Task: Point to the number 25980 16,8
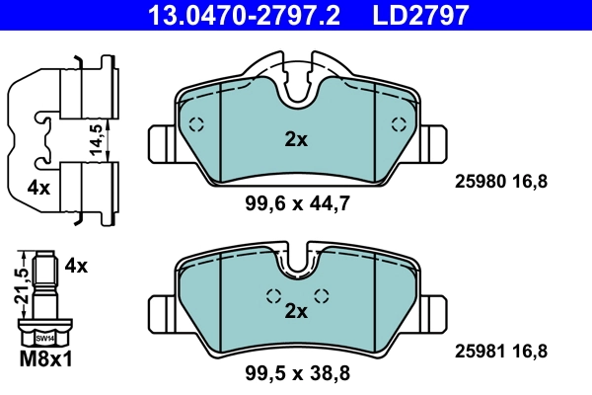point(500,181)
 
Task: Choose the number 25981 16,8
point(500,350)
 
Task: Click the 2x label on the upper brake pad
point(296,140)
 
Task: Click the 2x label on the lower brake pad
point(296,311)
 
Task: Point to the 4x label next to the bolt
point(76,266)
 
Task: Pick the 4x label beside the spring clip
point(38,186)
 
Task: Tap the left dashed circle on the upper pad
point(195,125)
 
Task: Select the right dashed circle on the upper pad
point(399,124)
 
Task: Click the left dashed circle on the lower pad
point(273,295)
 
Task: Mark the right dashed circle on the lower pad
point(320,295)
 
